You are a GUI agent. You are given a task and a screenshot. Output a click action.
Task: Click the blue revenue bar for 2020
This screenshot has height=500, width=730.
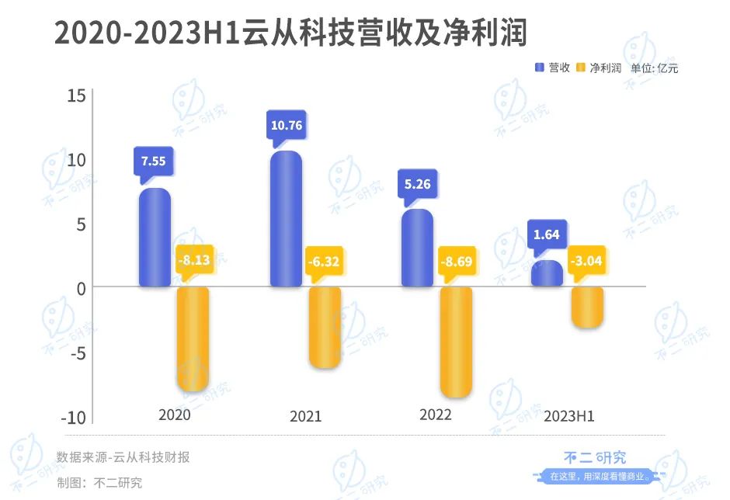coord(155,238)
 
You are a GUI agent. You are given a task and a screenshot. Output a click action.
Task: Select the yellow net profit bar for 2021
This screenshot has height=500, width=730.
coord(325,327)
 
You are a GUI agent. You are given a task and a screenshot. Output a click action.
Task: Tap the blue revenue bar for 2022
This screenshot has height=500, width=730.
coord(418,248)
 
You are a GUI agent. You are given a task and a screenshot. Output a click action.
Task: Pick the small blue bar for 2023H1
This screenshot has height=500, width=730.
coord(547,274)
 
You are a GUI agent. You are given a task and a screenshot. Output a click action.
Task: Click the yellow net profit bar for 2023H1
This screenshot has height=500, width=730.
coord(586,307)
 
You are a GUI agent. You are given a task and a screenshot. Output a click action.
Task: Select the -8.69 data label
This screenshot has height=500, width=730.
coord(457,260)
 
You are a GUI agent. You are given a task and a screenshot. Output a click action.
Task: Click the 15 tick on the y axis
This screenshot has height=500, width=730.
coord(76,95)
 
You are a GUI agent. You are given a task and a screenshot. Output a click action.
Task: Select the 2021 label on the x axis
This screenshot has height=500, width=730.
coord(305,416)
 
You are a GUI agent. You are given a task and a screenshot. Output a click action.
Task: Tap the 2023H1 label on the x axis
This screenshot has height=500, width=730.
coord(569,416)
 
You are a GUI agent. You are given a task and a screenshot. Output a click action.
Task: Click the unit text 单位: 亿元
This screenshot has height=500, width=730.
coord(654,68)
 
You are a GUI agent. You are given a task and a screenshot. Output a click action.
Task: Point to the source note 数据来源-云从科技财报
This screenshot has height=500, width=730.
coord(123,457)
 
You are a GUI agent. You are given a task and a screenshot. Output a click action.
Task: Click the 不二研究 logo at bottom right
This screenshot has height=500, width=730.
coord(594,458)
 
